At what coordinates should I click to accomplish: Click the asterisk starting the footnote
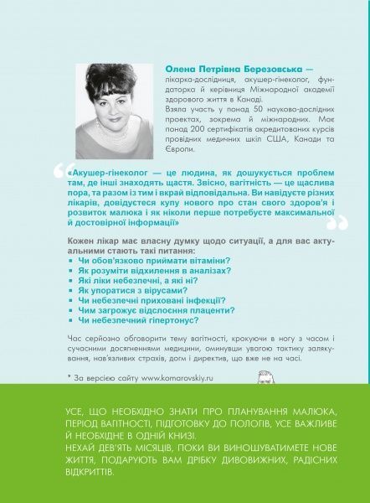[x=69, y=377]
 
